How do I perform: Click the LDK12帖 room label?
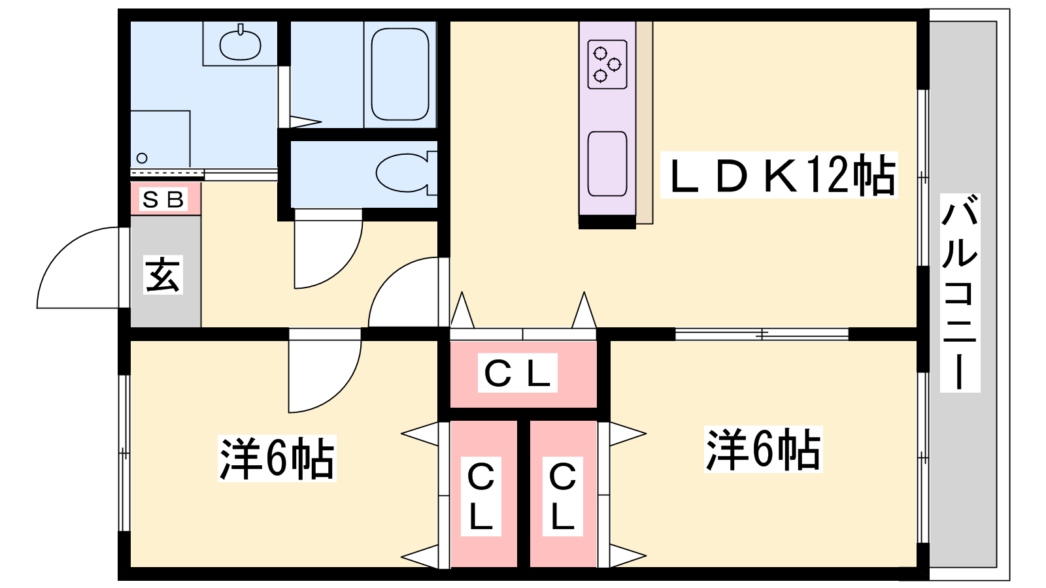tap(779, 175)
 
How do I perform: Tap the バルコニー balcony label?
tap(960, 292)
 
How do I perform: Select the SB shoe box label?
tap(163, 199)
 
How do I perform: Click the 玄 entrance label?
tap(163, 274)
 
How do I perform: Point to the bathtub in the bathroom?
tap(400, 74)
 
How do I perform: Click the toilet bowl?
tap(404, 173)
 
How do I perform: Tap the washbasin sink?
tap(240, 44)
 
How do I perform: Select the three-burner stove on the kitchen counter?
tap(607, 64)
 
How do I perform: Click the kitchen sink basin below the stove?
tap(607, 163)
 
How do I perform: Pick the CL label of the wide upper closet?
tap(518, 374)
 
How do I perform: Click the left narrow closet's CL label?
tap(481, 497)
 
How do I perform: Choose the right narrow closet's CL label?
tap(562, 497)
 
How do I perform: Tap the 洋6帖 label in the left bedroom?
tap(277, 459)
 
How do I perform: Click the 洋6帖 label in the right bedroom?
tap(763, 449)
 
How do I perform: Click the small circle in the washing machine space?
tap(142, 158)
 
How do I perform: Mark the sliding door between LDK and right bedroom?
tap(762, 335)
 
